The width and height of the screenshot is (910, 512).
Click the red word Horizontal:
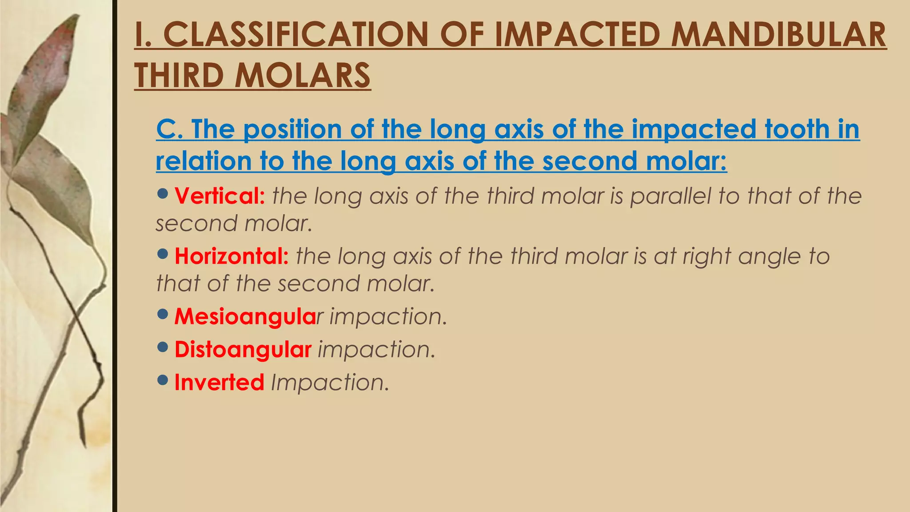tap(231, 256)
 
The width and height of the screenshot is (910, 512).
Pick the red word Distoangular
tap(243, 349)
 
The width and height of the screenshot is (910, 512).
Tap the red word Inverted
tap(219, 382)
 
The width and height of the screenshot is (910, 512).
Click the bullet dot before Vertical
tap(163, 193)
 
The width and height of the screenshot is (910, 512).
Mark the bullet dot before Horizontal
tap(163, 254)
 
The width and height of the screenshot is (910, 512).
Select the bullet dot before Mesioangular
tap(163, 314)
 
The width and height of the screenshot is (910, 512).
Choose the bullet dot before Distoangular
tap(163, 347)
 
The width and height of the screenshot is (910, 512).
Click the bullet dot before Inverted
tap(163, 380)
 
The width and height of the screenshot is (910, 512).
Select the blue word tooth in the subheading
tap(797, 129)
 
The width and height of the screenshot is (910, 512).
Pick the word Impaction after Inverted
tap(330, 383)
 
